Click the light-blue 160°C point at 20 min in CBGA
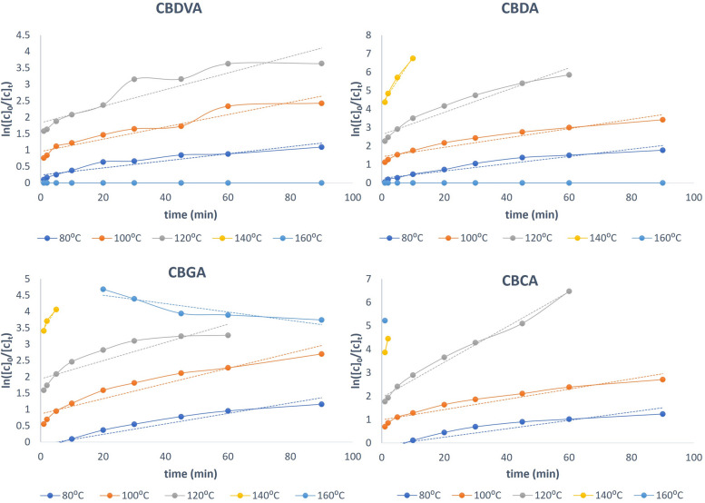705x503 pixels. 103,290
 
